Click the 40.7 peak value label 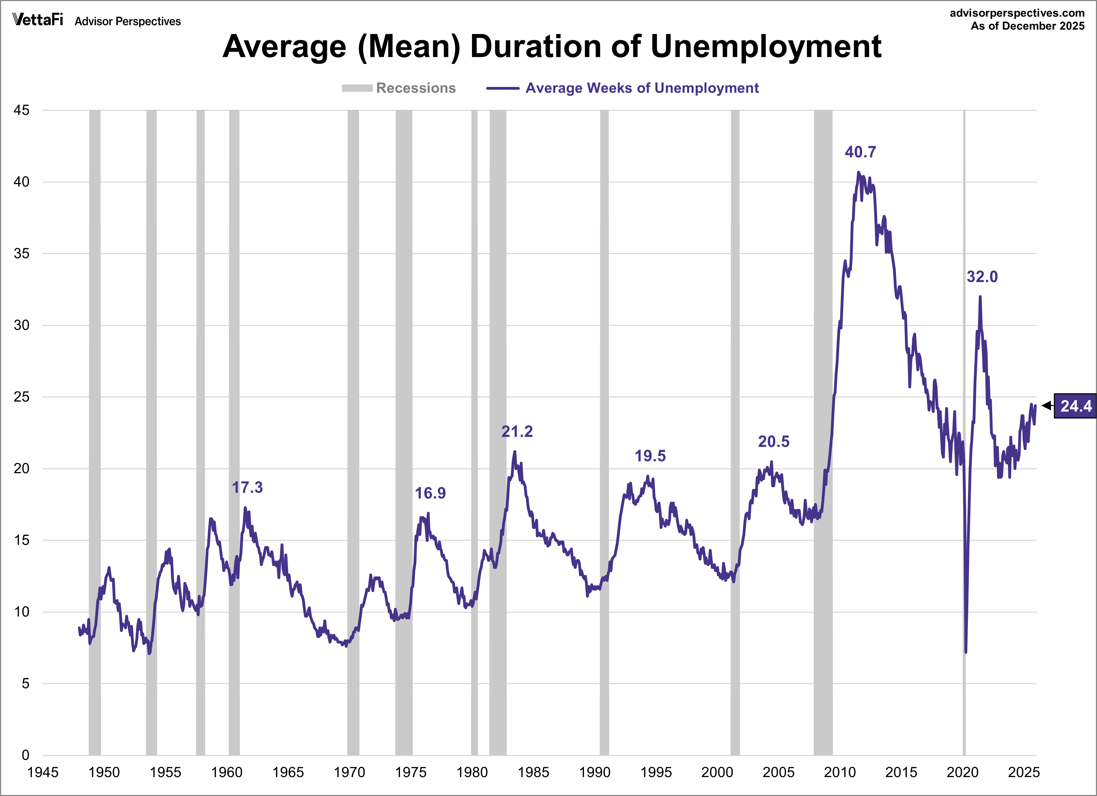[x=860, y=152]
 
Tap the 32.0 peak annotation [x=982, y=277]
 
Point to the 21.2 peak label [x=517, y=431]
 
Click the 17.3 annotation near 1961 [x=247, y=487]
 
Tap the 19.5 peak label [x=650, y=456]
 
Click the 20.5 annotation [x=773, y=441]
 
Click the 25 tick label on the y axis [x=22, y=397]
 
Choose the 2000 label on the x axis [x=717, y=772]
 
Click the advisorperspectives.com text [x=1017, y=13]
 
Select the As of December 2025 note [x=1027, y=26]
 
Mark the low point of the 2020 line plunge [x=965, y=652]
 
